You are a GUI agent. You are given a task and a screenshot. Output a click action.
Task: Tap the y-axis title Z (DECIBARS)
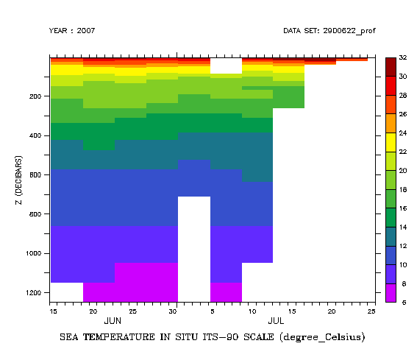(18, 180)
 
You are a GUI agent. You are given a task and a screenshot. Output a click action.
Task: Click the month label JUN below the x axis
(113, 322)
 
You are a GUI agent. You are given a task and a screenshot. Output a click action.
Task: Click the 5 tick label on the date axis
(210, 311)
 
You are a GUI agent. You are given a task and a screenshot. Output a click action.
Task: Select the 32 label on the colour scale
(403, 57)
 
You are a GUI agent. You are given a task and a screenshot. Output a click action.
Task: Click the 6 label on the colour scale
(403, 302)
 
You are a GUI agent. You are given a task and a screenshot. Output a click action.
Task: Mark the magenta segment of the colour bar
(391, 292)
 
